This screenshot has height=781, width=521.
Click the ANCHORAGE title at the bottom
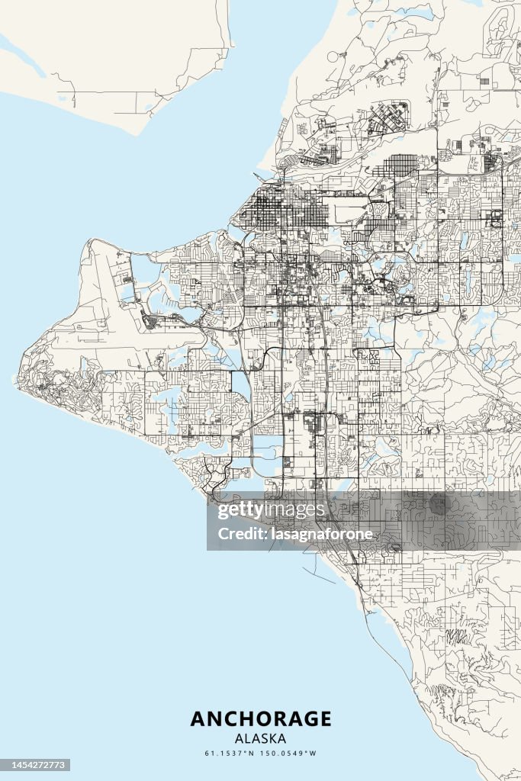[261, 718]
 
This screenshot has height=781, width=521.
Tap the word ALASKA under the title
[261, 738]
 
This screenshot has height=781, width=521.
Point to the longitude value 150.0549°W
[291, 754]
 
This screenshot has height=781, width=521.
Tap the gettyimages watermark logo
[272, 510]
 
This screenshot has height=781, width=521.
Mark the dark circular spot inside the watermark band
[437, 504]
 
